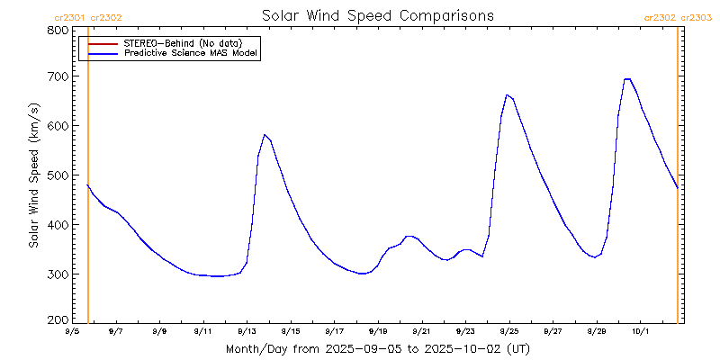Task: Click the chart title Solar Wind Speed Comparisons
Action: (x=377, y=16)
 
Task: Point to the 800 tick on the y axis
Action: (x=58, y=31)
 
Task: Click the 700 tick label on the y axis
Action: (x=58, y=77)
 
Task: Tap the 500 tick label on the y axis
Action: (x=58, y=175)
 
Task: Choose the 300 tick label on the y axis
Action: (x=58, y=274)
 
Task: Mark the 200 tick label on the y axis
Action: (x=58, y=319)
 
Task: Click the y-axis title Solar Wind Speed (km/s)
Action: (x=34, y=175)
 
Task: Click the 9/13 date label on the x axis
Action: (x=247, y=331)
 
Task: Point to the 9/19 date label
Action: (x=378, y=331)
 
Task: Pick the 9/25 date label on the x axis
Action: (x=508, y=331)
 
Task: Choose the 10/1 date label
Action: (x=640, y=331)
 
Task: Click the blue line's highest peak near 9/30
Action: (x=627, y=79)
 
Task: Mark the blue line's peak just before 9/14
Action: (x=265, y=135)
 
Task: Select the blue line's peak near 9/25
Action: (x=508, y=94)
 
